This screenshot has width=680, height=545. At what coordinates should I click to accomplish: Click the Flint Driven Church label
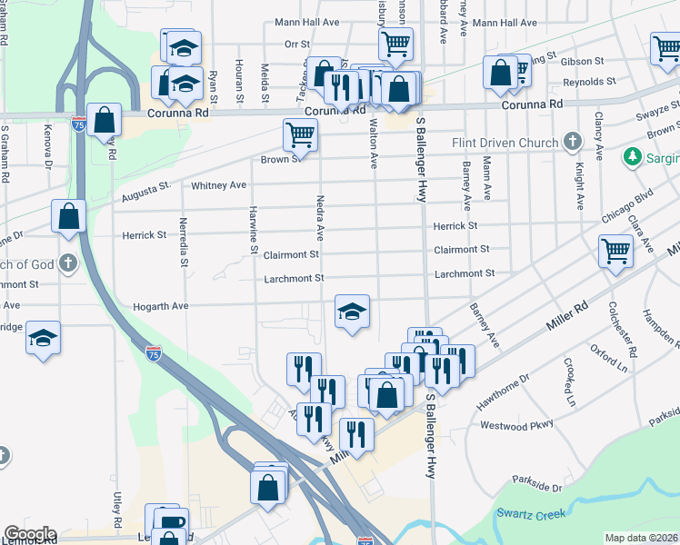coord(505,143)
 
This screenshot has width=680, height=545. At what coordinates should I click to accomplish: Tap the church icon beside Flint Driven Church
coord(572,142)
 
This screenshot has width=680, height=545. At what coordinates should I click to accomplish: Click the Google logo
coord(30,534)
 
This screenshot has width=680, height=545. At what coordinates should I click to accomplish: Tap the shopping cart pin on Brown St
coord(300,135)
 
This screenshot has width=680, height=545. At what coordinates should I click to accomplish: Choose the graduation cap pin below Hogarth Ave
coord(352,312)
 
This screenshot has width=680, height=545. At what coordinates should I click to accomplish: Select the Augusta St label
coord(145,193)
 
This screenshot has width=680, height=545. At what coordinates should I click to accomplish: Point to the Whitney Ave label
coord(218,185)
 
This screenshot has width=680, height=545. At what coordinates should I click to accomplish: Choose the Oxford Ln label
coord(609,359)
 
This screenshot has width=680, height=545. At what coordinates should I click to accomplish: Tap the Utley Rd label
coord(118,510)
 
